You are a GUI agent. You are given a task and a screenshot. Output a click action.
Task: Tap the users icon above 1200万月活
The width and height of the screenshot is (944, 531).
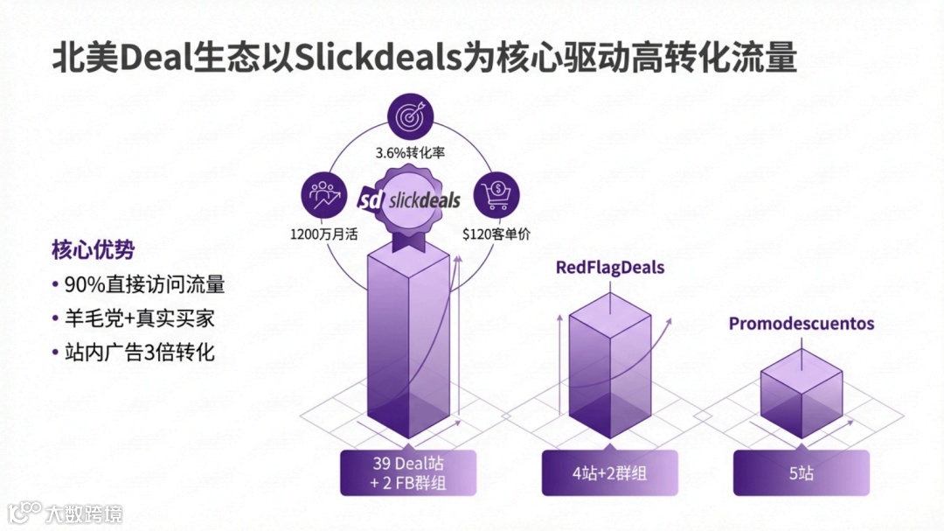click(x=323, y=195)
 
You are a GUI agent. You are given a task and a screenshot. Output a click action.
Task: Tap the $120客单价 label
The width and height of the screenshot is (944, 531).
click(x=496, y=234)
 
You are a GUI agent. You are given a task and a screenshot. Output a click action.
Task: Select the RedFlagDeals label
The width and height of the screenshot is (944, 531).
click(x=610, y=267)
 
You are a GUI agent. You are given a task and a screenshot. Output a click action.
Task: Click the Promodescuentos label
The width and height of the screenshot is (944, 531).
click(x=802, y=324)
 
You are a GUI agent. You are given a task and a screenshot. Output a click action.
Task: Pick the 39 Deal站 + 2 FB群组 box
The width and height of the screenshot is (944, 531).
click(x=408, y=472)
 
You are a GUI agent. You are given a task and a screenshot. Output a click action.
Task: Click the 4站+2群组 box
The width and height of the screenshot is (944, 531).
click(x=609, y=473)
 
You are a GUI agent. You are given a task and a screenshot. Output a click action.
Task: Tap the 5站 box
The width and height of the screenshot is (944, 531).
click(x=801, y=473)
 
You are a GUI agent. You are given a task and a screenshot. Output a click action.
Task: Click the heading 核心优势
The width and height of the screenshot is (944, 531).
click(x=94, y=250)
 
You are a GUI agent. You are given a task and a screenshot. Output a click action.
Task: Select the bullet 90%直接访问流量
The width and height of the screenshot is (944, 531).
click(x=143, y=284)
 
